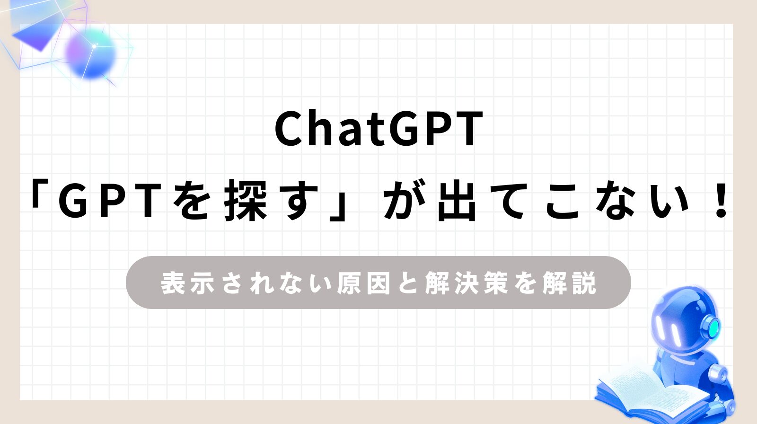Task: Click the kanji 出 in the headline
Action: coord(457,201)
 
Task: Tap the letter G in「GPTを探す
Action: coord(74,201)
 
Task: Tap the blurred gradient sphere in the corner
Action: coord(90,53)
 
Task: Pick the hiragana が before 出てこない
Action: coord(405,200)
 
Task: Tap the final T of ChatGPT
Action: coord(469,130)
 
